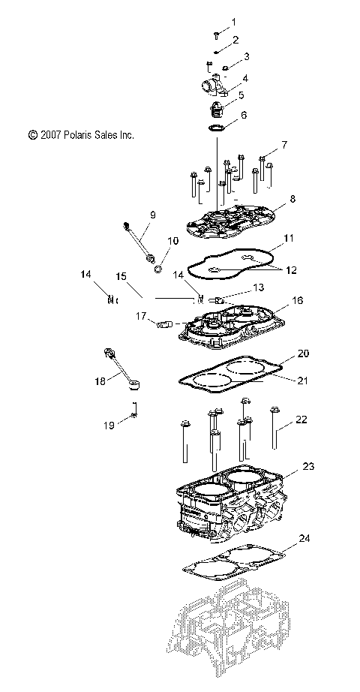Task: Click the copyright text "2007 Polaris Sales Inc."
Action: click(x=80, y=135)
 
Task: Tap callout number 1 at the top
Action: click(x=232, y=22)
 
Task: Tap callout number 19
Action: click(x=109, y=425)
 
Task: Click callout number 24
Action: click(x=304, y=538)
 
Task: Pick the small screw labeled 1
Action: click(x=216, y=35)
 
